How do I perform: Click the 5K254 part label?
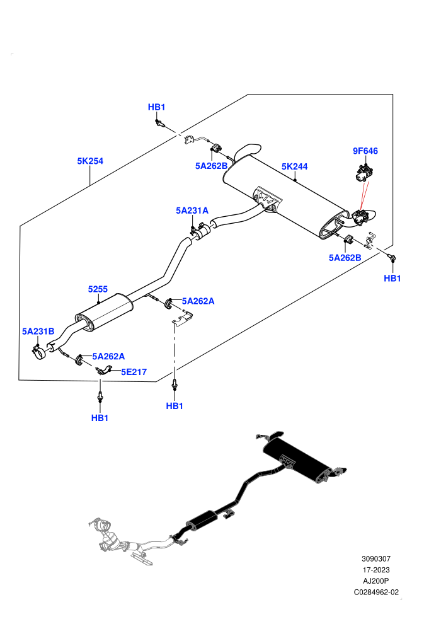point(90,161)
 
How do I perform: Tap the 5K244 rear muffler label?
point(294,167)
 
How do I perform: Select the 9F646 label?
point(365,151)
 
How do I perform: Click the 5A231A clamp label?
point(192,211)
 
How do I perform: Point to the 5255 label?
point(98,289)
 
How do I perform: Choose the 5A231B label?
point(38,332)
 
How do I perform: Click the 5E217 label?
point(134,372)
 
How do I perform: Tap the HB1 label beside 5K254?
point(156,107)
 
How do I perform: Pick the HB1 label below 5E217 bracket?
point(100,419)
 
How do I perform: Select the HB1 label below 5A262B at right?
point(392,279)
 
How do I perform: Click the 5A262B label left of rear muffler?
point(211,166)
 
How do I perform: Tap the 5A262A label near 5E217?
point(108,357)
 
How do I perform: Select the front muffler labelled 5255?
point(104,313)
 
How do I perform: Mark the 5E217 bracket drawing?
point(103,370)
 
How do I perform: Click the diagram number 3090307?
point(375,559)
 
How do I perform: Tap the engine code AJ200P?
point(375,581)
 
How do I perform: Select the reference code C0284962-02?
point(376,592)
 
